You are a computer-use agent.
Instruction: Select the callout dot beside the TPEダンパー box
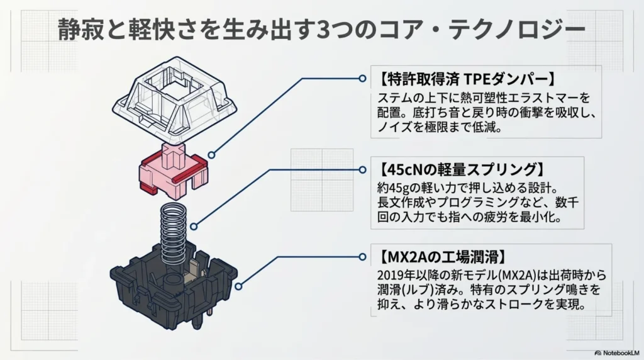coord(362,79)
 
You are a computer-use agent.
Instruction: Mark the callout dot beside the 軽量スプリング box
coord(362,169)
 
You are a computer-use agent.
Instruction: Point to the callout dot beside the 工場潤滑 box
coord(362,257)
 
